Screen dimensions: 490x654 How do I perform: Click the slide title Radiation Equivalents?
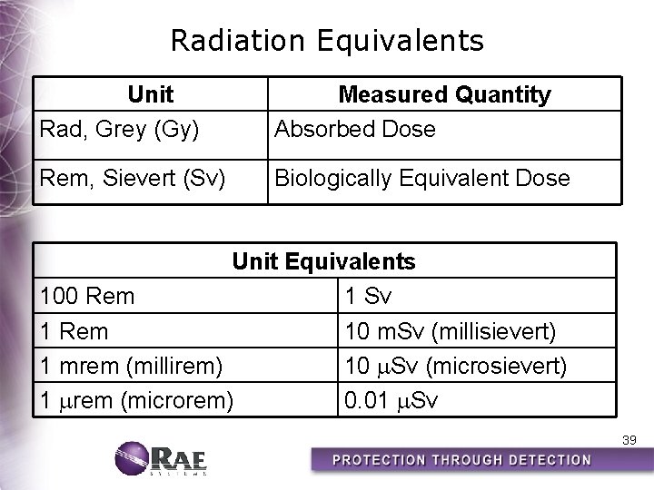click(327, 41)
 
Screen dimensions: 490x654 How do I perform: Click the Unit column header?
click(151, 94)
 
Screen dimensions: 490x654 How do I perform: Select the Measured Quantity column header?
click(444, 94)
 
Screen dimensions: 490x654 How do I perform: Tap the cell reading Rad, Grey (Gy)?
click(119, 129)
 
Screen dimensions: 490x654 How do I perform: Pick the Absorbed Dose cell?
click(355, 129)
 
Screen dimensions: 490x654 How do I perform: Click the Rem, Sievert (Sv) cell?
click(132, 178)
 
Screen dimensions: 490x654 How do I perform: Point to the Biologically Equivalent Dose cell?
click(422, 178)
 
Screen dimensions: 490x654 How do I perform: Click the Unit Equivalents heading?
click(324, 261)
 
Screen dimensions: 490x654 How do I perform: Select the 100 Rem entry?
click(87, 296)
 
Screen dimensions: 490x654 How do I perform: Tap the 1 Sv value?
click(368, 296)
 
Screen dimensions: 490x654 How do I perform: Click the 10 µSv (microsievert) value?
click(455, 366)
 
